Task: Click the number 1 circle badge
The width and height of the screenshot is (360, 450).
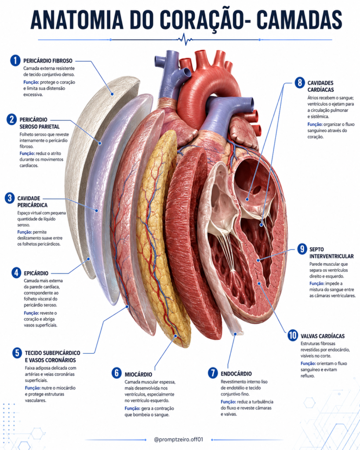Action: click(15, 61)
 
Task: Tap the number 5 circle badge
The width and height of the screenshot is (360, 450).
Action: click(17, 353)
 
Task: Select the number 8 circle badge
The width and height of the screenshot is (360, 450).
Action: click(300, 83)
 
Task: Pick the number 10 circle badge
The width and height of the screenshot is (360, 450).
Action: click(293, 335)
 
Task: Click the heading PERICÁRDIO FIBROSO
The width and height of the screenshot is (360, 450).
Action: click(48, 61)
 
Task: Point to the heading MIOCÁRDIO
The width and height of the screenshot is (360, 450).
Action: click(138, 374)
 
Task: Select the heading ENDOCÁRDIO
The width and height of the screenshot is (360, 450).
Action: click(236, 374)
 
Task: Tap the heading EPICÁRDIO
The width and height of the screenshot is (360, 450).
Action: click(36, 273)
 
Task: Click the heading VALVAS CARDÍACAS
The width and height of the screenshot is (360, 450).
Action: click(323, 336)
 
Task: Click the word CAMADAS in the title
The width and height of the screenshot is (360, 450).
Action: click(298, 20)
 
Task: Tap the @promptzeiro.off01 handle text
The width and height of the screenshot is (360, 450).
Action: click(178, 439)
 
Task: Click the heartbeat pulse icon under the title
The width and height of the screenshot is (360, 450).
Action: click(185, 39)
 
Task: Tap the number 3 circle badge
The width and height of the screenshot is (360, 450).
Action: click(10, 198)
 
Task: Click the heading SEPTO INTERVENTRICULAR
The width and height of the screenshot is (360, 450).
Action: click(331, 253)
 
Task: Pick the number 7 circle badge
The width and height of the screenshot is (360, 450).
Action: click(213, 373)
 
